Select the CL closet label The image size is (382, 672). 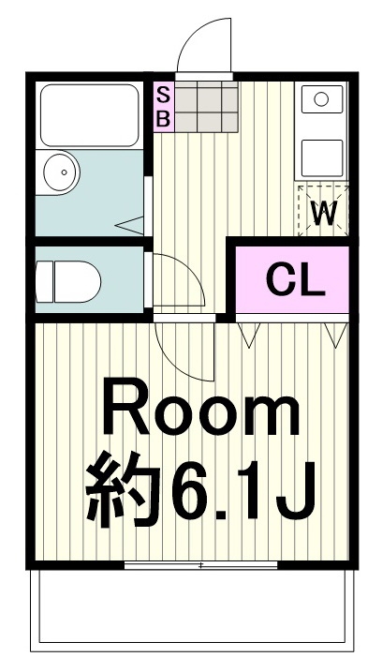tap(294, 278)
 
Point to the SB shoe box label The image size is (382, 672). tap(163, 106)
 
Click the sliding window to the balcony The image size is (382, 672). tap(199, 564)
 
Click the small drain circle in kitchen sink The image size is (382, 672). tap(321, 97)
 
